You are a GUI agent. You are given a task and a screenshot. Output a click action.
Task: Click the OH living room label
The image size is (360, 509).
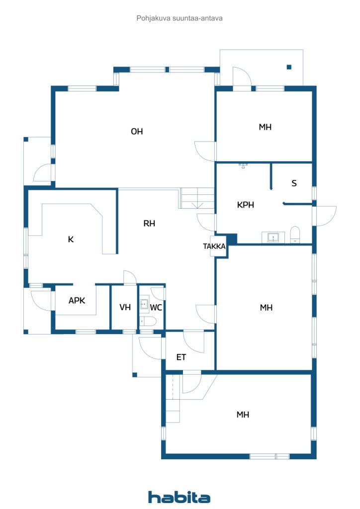click(137, 131)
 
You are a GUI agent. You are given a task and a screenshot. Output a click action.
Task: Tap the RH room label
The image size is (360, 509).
click(149, 223)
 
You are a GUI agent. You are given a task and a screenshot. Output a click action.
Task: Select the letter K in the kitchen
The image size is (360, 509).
click(71, 240)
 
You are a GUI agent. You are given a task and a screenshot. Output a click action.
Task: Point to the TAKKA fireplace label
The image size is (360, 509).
click(214, 247)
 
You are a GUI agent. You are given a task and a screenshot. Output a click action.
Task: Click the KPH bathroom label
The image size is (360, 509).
click(246, 205)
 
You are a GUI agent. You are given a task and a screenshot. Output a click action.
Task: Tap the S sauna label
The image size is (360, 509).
click(294, 183)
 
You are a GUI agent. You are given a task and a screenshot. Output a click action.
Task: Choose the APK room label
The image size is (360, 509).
click(77, 301)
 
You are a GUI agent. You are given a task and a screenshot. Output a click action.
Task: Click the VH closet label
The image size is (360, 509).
click(125, 307)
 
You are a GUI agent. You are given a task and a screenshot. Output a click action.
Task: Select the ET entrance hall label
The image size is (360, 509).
click(181, 357)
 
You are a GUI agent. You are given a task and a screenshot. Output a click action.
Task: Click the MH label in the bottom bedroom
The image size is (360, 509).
click(243, 415)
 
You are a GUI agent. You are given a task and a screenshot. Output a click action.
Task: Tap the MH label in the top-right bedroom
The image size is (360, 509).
click(265, 127)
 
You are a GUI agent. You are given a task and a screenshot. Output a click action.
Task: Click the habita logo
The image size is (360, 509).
click(179, 497)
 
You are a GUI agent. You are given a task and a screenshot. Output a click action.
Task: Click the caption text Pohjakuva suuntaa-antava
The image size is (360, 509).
click(180, 18)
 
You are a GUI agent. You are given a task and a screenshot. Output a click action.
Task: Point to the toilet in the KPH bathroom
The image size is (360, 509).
click(295, 235)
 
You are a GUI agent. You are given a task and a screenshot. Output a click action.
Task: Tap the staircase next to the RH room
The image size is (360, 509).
click(197, 198)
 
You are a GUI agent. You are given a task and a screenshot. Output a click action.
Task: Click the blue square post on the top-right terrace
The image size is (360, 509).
click(289, 67)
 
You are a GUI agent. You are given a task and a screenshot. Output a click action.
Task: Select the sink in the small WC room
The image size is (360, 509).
click(144, 304)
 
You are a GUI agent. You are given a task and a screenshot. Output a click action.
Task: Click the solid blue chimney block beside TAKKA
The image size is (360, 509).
click(231, 239)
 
